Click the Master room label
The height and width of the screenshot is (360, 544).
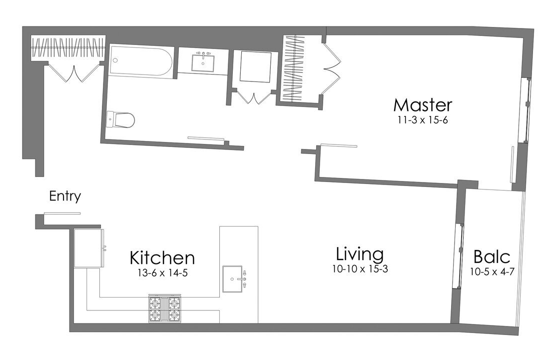tap(423, 105)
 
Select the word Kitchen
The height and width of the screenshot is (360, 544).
tap(162, 258)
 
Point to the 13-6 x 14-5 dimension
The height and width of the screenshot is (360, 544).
tap(162, 273)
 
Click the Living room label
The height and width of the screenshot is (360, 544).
tap(360, 254)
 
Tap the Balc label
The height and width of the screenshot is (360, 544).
tap(492, 257)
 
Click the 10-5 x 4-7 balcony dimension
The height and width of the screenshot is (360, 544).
tap(492, 271)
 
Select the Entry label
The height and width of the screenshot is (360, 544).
tap(65, 196)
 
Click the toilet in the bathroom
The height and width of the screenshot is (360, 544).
tap(121, 119)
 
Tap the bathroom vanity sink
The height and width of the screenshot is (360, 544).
tap(204, 62)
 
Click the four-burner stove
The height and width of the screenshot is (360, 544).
tap(164, 308)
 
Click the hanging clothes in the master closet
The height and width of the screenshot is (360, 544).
tap(294, 68)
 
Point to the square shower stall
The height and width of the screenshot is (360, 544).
tap(255, 66)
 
